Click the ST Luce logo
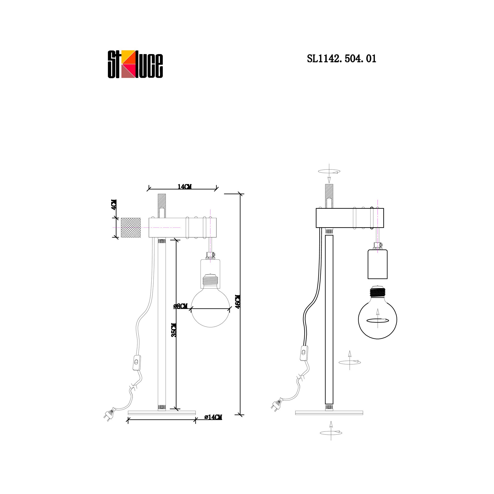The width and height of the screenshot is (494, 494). pyautogui.click(x=135, y=64)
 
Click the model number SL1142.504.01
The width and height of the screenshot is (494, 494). pyautogui.click(x=342, y=59)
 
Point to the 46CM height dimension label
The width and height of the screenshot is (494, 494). pyautogui.click(x=238, y=302)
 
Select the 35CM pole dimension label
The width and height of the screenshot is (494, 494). pyautogui.click(x=174, y=330)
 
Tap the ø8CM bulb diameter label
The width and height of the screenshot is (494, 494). pyautogui.click(x=180, y=306)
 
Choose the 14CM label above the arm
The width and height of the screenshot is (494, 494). pyautogui.click(x=184, y=187)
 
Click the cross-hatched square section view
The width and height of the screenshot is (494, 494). pyautogui.click(x=131, y=227)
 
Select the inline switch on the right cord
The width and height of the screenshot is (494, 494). pyautogui.click(x=304, y=353)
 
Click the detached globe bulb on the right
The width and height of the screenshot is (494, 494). pyautogui.click(x=378, y=314)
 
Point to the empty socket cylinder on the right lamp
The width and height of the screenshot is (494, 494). pyautogui.click(x=378, y=264)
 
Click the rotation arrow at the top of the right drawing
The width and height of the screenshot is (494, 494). pyautogui.click(x=329, y=173)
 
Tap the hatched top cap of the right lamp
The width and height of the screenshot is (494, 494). pyautogui.click(x=329, y=196)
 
